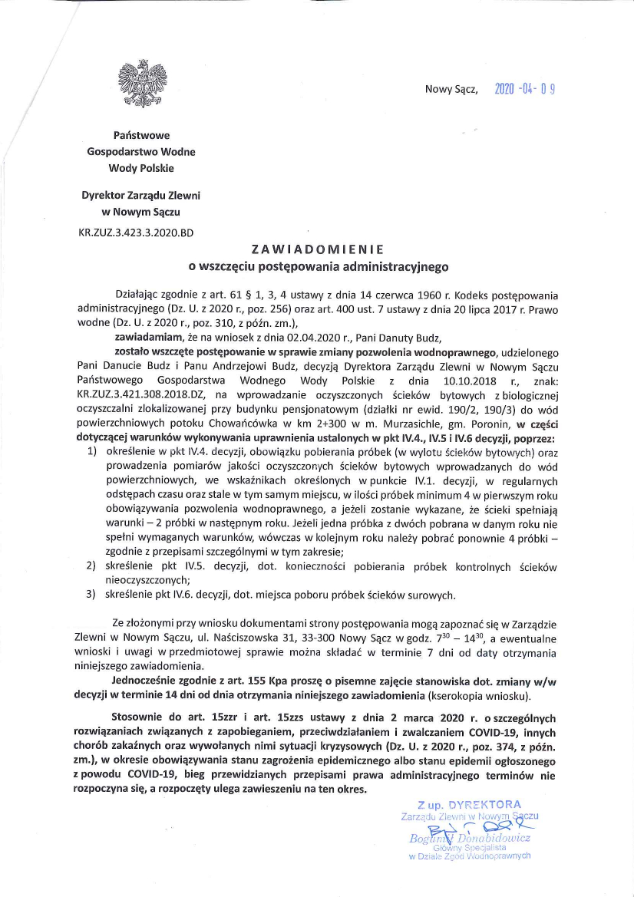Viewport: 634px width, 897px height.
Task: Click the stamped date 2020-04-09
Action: point(524,88)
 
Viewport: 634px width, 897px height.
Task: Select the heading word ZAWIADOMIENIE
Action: point(317,249)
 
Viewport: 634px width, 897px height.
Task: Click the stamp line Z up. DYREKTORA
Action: point(469,805)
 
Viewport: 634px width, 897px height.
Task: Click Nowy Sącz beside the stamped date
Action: point(451,89)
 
